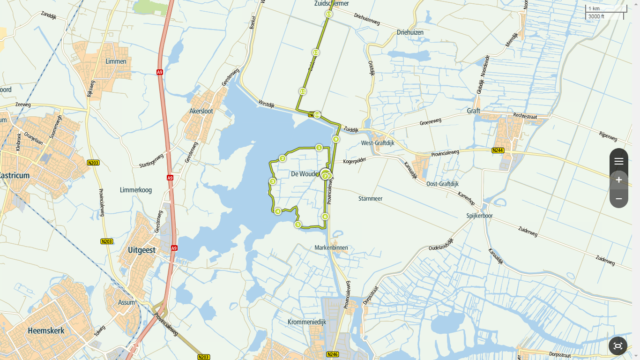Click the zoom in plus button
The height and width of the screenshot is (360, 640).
click(x=618, y=180)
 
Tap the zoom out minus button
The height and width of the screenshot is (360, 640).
click(x=618, y=199)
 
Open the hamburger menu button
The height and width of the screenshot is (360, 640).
click(x=618, y=161)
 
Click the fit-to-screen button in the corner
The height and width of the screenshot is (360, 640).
click(x=618, y=346)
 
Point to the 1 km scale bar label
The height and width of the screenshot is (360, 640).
click(x=594, y=8)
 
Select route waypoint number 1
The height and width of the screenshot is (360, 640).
click(x=319, y=148)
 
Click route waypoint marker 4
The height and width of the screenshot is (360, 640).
click(x=278, y=211)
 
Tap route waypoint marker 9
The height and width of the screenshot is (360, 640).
click(x=336, y=139)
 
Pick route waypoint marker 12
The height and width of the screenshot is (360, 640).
click(x=316, y=52)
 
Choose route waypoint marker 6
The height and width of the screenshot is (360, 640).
click(x=325, y=217)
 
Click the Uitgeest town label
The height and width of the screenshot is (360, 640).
click(x=141, y=250)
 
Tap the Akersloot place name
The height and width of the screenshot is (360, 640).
click(x=201, y=112)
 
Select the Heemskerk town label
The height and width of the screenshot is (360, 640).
click(x=46, y=330)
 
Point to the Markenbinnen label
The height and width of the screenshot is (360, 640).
click(x=331, y=247)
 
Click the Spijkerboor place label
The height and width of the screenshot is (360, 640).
click(x=479, y=216)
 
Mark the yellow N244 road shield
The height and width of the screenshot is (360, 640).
click(x=498, y=150)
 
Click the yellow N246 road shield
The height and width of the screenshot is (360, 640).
click(x=332, y=354)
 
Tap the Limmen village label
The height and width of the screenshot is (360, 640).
click(x=116, y=61)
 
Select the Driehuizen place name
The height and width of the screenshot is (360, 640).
click(x=410, y=32)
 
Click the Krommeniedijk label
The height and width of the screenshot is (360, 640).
click(x=306, y=322)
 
